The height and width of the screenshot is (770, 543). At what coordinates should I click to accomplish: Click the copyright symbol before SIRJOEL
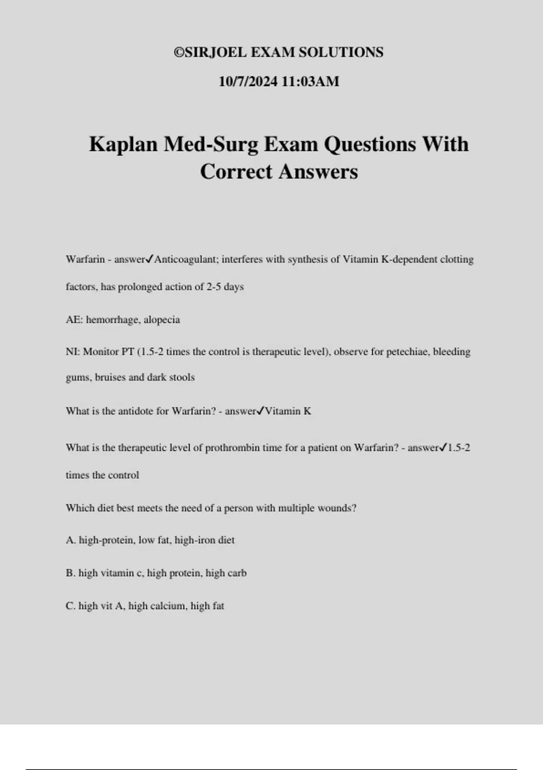click(x=179, y=53)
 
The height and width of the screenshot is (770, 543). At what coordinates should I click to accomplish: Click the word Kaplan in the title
click(x=124, y=144)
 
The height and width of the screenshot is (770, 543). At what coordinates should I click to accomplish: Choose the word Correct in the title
click(x=236, y=172)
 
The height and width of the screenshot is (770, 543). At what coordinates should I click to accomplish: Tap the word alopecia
click(x=162, y=320)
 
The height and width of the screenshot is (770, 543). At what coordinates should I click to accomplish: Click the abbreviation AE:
click(x=74, y=320)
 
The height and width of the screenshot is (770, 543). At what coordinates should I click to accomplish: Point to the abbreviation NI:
click(x=72, y=352)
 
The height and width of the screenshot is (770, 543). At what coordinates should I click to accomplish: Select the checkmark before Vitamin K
click(x=260, y=411)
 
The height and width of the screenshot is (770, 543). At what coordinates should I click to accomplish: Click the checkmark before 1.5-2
click(x=443, y=448)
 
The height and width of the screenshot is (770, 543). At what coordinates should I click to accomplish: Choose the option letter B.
click(x=70, y=573)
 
